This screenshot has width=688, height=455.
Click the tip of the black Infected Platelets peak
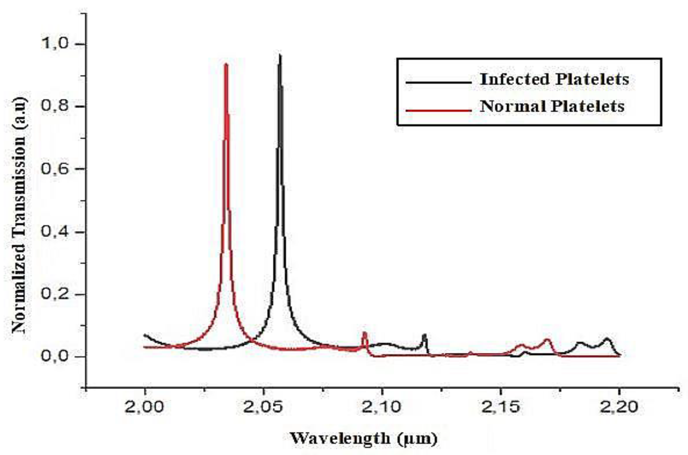coord(280,55)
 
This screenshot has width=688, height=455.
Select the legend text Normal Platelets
coord(552,106)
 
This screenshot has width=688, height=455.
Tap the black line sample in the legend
coord(438,82)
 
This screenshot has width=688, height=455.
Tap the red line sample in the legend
coord(438,110)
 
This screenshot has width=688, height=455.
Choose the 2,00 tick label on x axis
coord(144,407)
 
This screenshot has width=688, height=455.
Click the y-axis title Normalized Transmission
coord(19,215)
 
